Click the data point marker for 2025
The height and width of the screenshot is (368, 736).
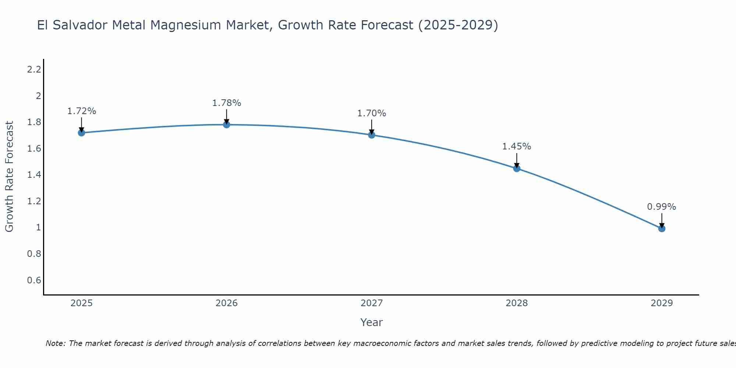(x=81, y=133)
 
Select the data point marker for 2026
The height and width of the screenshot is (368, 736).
(x=227, y=125)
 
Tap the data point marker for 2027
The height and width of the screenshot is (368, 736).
(x=372, y=135)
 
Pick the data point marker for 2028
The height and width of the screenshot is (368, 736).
(x=517, y=169)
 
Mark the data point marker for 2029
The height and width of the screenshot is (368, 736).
(x=662, y=229)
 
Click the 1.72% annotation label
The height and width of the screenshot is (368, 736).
(x=81, y=111)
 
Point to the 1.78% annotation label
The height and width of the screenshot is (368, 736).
(x=227, y=103)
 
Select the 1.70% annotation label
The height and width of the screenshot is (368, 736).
(x=372, y=113)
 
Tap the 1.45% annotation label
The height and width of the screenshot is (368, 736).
(x=517, y=146)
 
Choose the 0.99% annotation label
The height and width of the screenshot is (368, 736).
(x=662, y=207)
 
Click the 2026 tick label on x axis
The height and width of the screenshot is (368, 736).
(x=227, y=303)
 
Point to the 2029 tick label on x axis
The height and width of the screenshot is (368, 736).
(x=662, y=303)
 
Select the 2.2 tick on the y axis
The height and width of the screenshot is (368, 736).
(x=34, y=69)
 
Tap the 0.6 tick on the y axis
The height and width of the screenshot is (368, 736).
(x=34, y=280)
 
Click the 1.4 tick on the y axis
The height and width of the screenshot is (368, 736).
(x=34, y=175)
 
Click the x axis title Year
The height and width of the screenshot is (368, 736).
(x=371, y=322)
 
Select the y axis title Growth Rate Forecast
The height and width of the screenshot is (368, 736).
(x=9, y=177)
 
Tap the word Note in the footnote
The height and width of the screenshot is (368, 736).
(x=55, y=344)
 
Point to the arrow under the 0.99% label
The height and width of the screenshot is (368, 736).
(x=662, y=220)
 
